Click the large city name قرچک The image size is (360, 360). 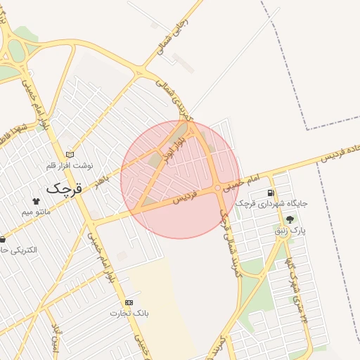click(64, 188)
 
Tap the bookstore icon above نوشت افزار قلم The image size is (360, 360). click(69, 155)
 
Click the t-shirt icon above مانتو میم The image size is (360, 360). click(36, 201)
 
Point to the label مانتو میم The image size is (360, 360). click(36, 212)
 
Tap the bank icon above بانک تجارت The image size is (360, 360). click(129, 302)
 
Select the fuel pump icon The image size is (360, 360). click(271, 193)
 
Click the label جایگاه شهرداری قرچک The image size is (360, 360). click(271, 204)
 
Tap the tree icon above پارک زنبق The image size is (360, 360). click(290, 219)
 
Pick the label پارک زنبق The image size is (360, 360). click(290, 230)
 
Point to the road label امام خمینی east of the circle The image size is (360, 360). click(245, 181)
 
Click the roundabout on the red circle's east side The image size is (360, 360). click(219, 188)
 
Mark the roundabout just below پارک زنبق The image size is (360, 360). click(283, 239)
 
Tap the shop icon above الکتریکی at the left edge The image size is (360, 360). click(3, 240)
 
